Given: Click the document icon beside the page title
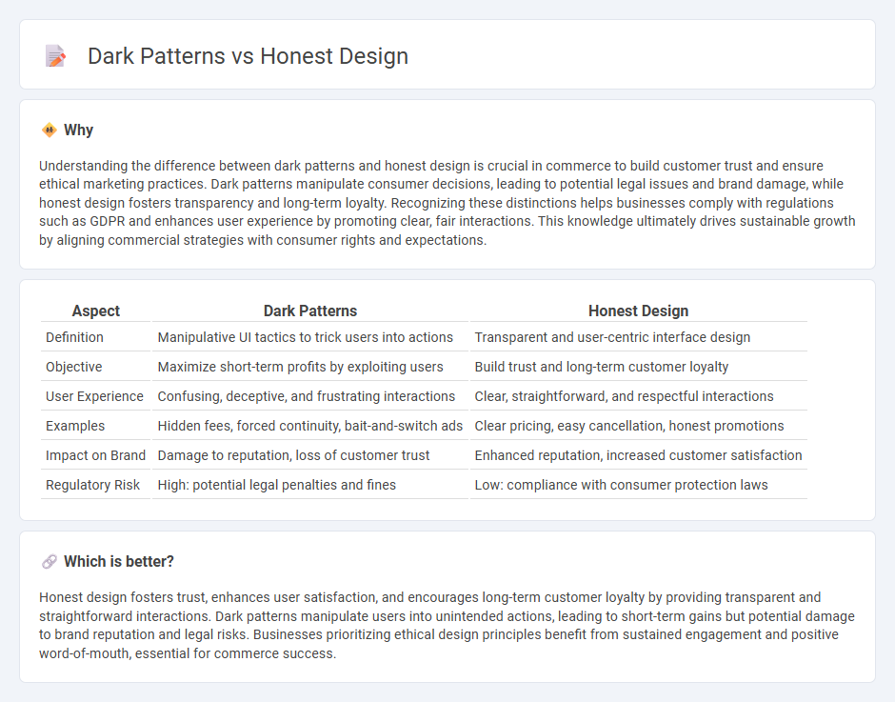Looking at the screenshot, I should pyautogui.click(x=55, y=56).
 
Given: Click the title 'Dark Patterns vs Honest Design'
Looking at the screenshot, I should pyautogui.click(x=248, y=56).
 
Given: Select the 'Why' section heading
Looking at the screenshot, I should pyautogui.click(x=78, y=130).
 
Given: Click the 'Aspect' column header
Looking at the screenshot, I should pyautogui.click(x=96, y=311).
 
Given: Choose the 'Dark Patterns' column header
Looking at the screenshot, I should pyautogui.click(x=309, y=311).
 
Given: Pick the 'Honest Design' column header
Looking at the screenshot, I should pyautogui.click(x=638, y=311).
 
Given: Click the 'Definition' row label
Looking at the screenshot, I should pyautogui.click(x=75, y=337).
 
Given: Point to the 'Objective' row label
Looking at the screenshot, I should pyautogui.click(x=73, y=367).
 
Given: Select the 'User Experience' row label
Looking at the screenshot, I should pyautogui.click(x=94, y=396).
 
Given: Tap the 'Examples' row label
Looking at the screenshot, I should pyautogui.click(x=75, y=426).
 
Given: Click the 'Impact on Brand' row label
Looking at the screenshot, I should pyautogui.click(x=95, y=455).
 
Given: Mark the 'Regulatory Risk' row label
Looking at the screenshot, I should pyautogui.click(x=92, y=485).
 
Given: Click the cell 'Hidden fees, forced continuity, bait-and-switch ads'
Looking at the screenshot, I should pyautogui.click(x=310, y=426).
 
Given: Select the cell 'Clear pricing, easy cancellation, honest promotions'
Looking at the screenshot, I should pyautogui.click(x=629, y=426).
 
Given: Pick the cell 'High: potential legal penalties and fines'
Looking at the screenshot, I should pyautogui.click(x=277, y=485).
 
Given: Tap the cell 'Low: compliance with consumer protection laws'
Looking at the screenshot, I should pyautogui.click(x=621, y=485).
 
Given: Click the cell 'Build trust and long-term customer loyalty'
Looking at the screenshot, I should pyautogui.click(x=602, y=367).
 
